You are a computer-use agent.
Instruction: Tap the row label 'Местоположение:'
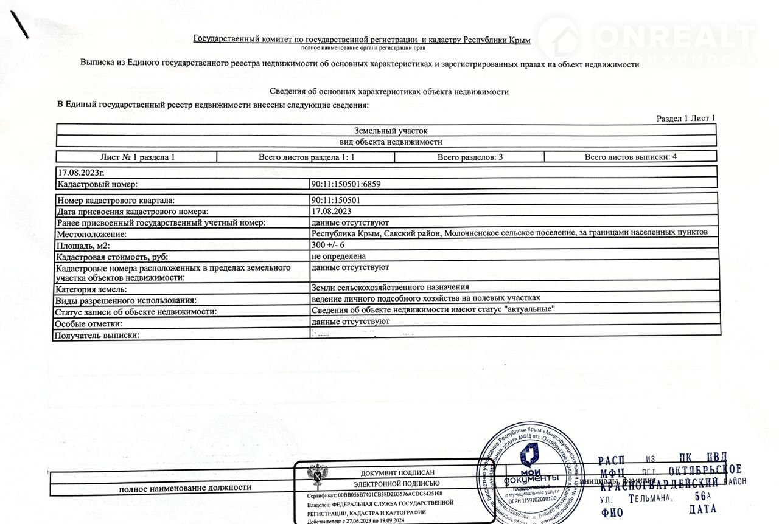(91, 234)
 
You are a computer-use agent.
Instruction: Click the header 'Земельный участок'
(391, 130)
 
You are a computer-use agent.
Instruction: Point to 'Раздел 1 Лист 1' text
(686, 119)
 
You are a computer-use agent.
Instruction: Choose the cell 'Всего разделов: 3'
(470, 157)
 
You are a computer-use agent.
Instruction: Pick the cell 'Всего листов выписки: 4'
(631, 156)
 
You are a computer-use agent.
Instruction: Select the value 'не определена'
(338, 257)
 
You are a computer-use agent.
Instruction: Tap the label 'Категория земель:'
(91, 289)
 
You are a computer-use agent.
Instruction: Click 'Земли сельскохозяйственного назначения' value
(389, 288)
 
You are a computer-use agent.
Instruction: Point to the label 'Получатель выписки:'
(97, 335)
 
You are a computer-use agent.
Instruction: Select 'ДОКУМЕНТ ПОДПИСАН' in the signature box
(398, 473)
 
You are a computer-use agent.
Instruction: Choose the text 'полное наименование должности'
(185, 488)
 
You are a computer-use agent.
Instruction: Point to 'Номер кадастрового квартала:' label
(115, 200)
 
